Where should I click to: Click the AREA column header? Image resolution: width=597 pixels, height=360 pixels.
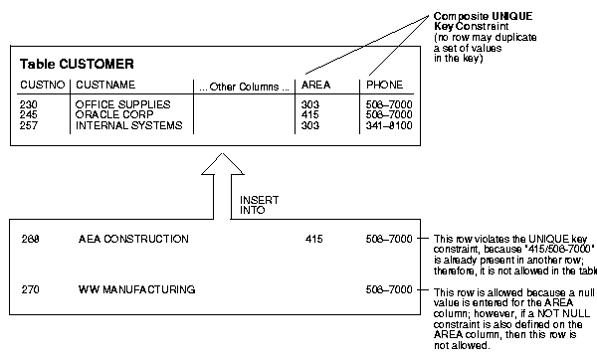[315, 85]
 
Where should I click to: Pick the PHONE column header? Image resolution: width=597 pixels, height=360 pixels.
[383, 85]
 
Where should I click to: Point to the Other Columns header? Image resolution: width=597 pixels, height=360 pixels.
[243, 85]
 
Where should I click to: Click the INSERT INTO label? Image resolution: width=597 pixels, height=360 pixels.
[255, 204]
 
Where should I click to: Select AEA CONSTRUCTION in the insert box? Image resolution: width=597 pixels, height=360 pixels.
[132, 239]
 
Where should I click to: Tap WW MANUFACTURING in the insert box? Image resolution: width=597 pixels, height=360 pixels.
[136, 289]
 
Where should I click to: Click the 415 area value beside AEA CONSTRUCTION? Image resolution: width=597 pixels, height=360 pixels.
[314, 239]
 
